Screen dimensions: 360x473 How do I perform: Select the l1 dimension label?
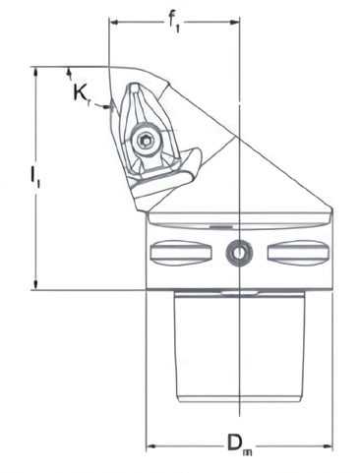pyautogui.click(x=34, y=177)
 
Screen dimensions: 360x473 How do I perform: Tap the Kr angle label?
pyautogui.click(x=81, y=94)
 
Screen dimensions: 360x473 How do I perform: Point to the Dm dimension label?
pyautogui.click(x=240, y=446)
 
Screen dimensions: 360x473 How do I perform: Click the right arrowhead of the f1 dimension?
pyautogui.click(x=235, y=23)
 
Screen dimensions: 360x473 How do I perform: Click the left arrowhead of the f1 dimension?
pyautogui.click(x=113, y=23)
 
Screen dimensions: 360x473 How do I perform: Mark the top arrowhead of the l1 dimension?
pyautogui.click(x=36, y=73)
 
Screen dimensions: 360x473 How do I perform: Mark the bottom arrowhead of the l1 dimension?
pyautogui.click(x=36, y=284)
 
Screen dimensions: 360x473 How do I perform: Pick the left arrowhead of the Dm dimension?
pyautogui.click(x=151, y=446)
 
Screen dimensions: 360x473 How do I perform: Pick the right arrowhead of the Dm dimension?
pyautogui.click(x=328, y=446)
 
